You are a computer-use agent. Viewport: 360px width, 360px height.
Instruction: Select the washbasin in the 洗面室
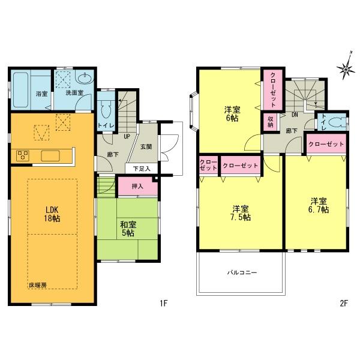85,79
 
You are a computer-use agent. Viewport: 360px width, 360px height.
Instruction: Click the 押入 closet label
137,187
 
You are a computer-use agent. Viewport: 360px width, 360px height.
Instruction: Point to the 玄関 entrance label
146,146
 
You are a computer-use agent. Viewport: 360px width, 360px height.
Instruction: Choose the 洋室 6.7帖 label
319,205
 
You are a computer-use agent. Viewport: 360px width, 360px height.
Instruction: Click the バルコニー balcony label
241,272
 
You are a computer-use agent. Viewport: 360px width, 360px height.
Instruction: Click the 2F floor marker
343,303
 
